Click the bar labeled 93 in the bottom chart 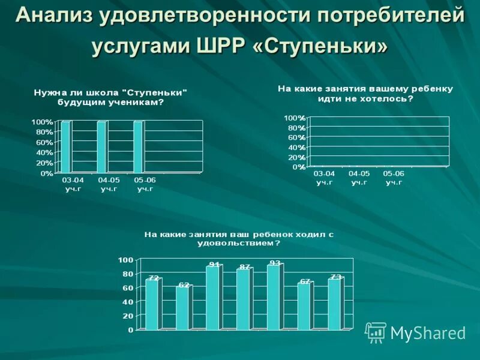pyautogui.click(x=274, y=297)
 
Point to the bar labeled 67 pyautogui.click(x=304, y=305)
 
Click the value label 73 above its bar pyautogui.click(x=336, y=277)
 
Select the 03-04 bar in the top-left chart pyautogui.click(x=65, y=147)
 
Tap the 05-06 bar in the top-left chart pyautogui.click(x=138, y=147)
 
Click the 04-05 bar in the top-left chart pyautogui.click(x=101, y=147)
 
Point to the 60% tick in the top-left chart pyautogui.click(x=45, y=142)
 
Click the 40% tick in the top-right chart pyautogui.click(x=295, y=147)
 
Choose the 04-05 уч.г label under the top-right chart pyautogui.click(x=359, y=178)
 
